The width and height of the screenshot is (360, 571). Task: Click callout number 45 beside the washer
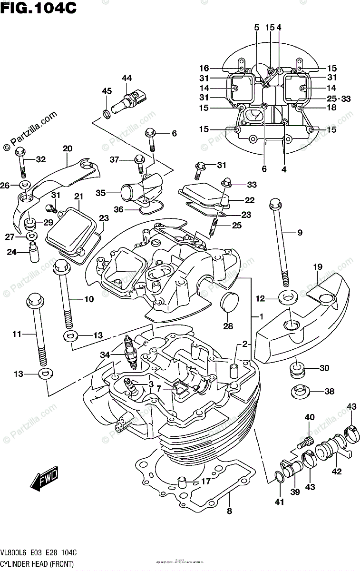click(107, 91)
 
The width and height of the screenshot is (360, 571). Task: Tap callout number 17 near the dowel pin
click(205, 481)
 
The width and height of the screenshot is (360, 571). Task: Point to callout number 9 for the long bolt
click(300, 232)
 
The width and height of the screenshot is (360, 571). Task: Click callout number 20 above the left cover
click(67, 148)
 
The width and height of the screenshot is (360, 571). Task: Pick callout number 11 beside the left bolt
click(17, 335)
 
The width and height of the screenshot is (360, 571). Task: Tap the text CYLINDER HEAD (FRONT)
click(38, 564)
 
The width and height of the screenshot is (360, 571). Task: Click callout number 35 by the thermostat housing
click(100, 193)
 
